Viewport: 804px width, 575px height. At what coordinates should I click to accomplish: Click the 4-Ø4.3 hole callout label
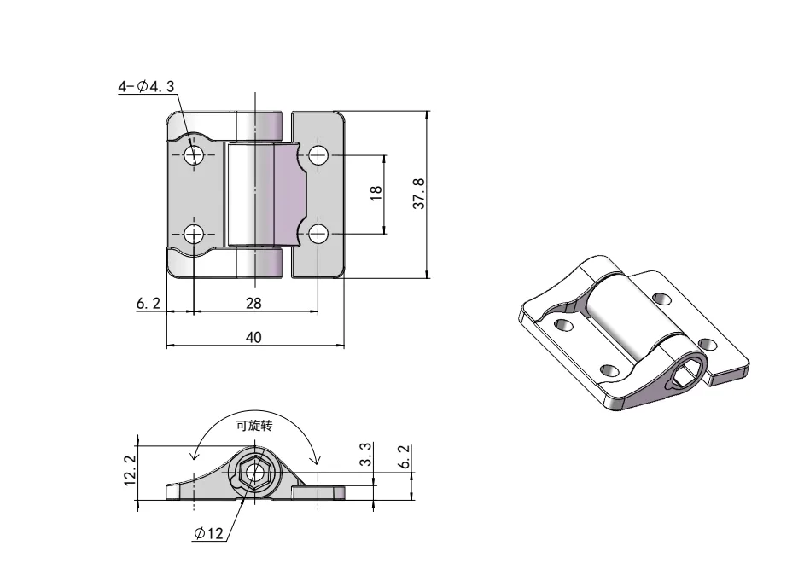point(147,86)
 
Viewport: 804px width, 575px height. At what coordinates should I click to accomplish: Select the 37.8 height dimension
point(418,194)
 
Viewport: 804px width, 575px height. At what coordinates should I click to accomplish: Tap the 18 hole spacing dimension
point(376,194)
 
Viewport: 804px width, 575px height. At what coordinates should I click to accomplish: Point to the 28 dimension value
point(253,303)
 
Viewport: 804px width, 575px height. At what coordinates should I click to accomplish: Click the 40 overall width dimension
point(253,337)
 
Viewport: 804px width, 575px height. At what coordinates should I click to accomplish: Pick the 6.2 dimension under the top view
point(147,303)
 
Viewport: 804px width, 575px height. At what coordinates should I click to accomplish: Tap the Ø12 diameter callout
point(208,533)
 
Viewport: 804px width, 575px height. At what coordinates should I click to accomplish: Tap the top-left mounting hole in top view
point(194,154)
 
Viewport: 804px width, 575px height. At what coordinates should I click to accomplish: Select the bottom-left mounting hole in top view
point(194,234)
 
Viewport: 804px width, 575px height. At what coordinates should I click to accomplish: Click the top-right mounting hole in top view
point(318,154)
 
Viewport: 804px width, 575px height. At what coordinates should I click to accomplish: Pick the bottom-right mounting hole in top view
point(318,234)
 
